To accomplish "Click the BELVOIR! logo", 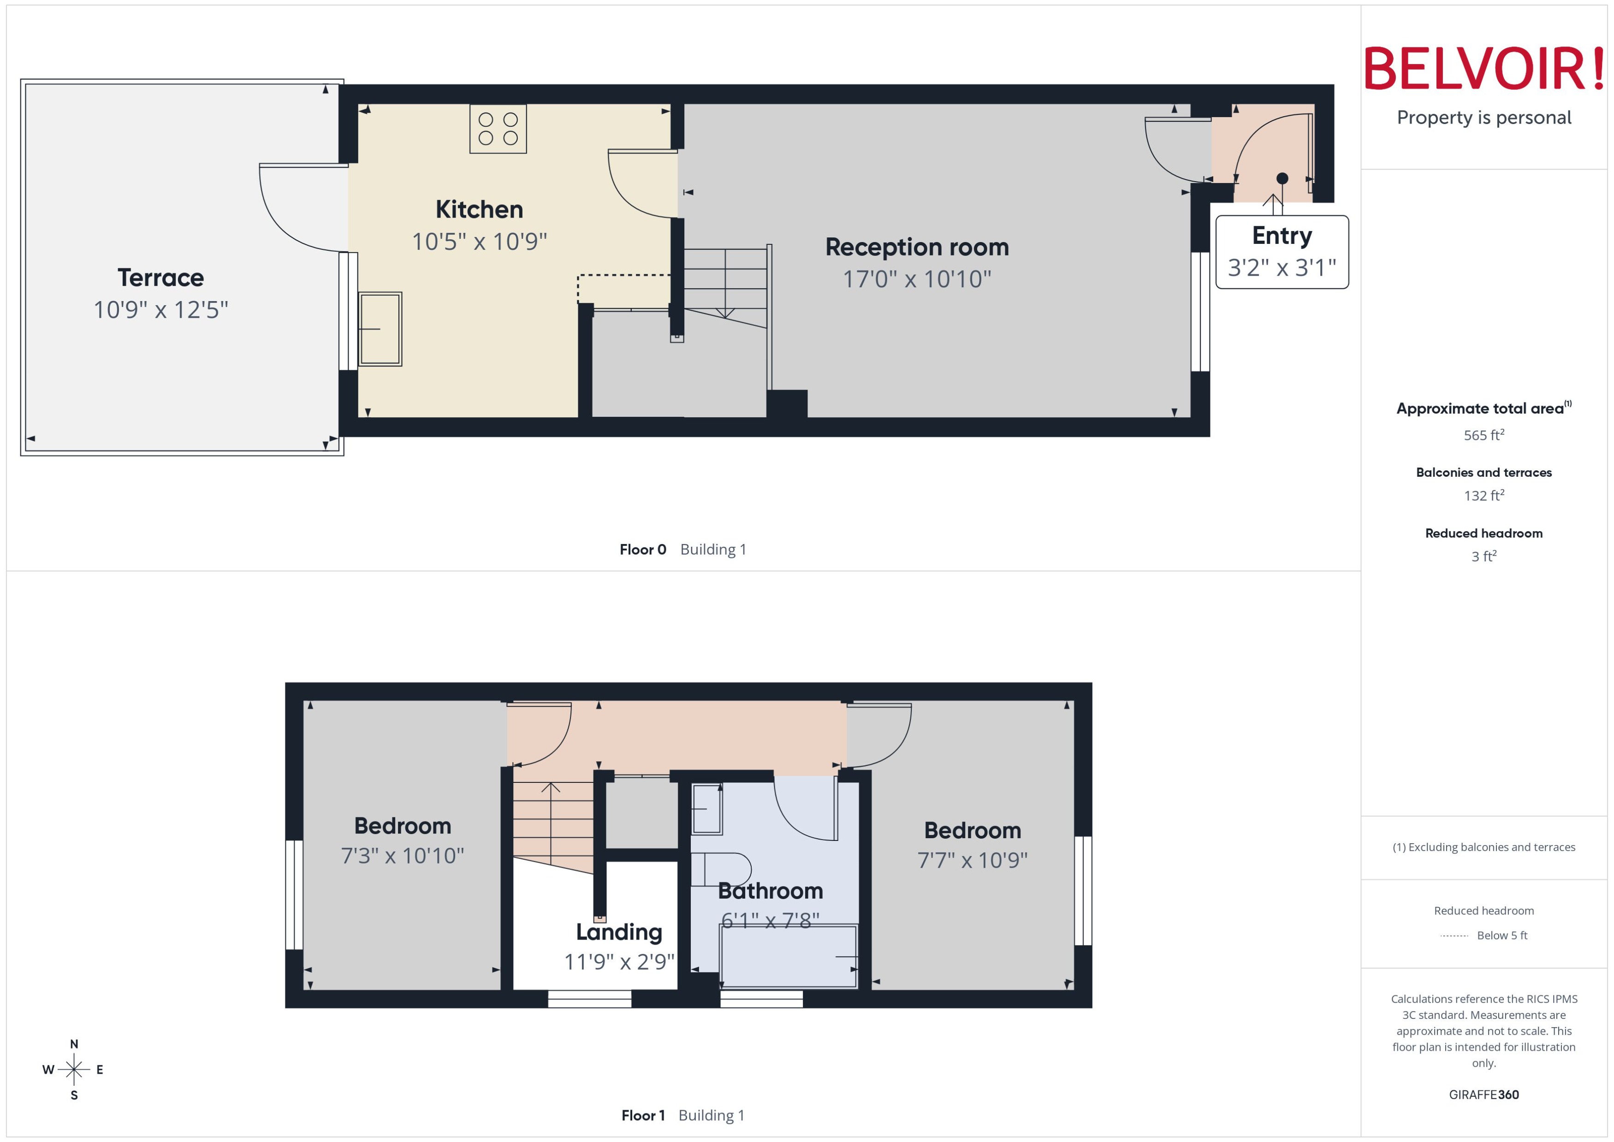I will pos(1484,69).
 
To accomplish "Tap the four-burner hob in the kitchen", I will pos(498,129).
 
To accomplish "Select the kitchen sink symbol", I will pos(380,328).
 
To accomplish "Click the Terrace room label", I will pos(160,278).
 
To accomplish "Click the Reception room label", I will pos(916,247).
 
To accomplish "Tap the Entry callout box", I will pos(1282,252).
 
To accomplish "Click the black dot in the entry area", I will pos(1282,178).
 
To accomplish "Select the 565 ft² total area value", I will pos(1483,435).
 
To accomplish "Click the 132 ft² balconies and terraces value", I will pos(1483,496).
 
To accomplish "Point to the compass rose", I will pos(74,1070).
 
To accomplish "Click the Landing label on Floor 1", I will pos(619,932).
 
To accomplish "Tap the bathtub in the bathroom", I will pos(788,956).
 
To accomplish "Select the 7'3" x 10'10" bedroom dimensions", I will pos(402,856).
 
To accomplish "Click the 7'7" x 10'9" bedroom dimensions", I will pos(972,860).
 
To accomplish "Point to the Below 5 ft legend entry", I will pos(1501,935).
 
